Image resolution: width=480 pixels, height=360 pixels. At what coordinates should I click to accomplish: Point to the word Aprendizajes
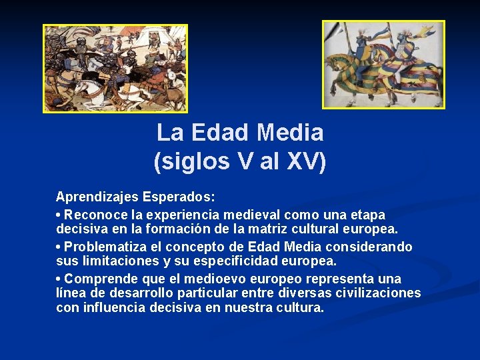click(97, 197)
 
